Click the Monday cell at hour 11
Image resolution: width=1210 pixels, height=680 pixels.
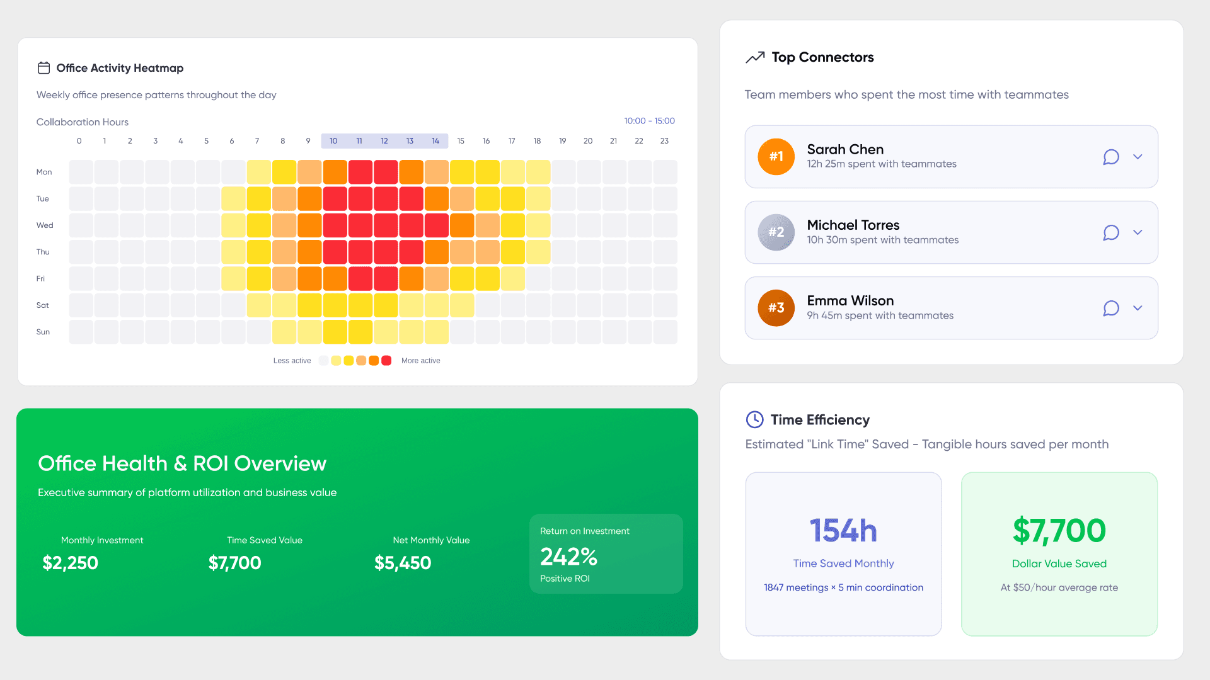point(360,172)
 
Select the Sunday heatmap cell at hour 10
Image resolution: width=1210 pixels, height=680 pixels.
point(335,332)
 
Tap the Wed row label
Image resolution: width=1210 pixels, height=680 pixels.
point(45,225)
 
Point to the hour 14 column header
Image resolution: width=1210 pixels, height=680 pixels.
point(435,141)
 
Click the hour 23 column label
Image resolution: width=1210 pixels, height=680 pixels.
point(664,141)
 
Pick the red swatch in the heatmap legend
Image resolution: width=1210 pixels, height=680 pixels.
point(386,361)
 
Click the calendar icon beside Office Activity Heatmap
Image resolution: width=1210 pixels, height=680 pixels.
point(43,68)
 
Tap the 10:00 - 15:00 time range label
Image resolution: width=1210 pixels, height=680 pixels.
point(649,121)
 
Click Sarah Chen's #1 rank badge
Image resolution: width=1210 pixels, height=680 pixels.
point(776,157)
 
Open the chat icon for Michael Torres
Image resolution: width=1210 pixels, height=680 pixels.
point(1111,232)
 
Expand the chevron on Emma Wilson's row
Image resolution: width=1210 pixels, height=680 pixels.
point(1138,308)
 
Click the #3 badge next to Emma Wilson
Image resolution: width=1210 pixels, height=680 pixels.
point(776,308)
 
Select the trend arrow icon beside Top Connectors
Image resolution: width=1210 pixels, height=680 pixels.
point(755,57)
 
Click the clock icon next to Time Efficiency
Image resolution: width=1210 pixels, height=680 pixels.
point(754,419)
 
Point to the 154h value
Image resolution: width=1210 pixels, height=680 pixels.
point(843,530)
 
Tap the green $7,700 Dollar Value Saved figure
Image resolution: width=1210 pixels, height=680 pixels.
point(1059,530)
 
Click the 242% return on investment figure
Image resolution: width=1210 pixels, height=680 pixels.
point(568,557)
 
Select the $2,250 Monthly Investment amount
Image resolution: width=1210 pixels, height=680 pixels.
point(70,563)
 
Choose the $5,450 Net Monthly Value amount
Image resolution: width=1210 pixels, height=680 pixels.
point(403,563)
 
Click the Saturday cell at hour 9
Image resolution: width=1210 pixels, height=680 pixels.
point(309,305)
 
